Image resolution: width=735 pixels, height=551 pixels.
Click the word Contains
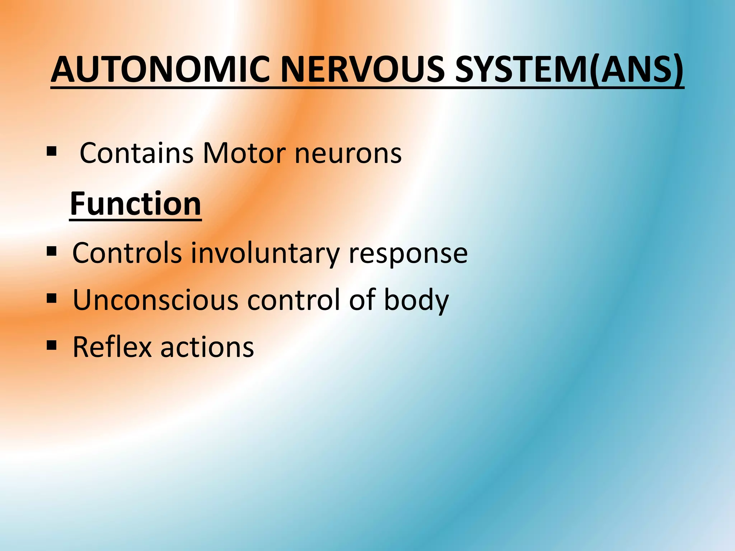click(136, 153)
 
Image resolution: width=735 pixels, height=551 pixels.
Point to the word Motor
click(244, 153)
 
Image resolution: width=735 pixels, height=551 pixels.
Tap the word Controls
click(127, 253)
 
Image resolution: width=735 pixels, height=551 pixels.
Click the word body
click(416, 301)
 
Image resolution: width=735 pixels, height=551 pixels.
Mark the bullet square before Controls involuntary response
click(52, 251)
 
